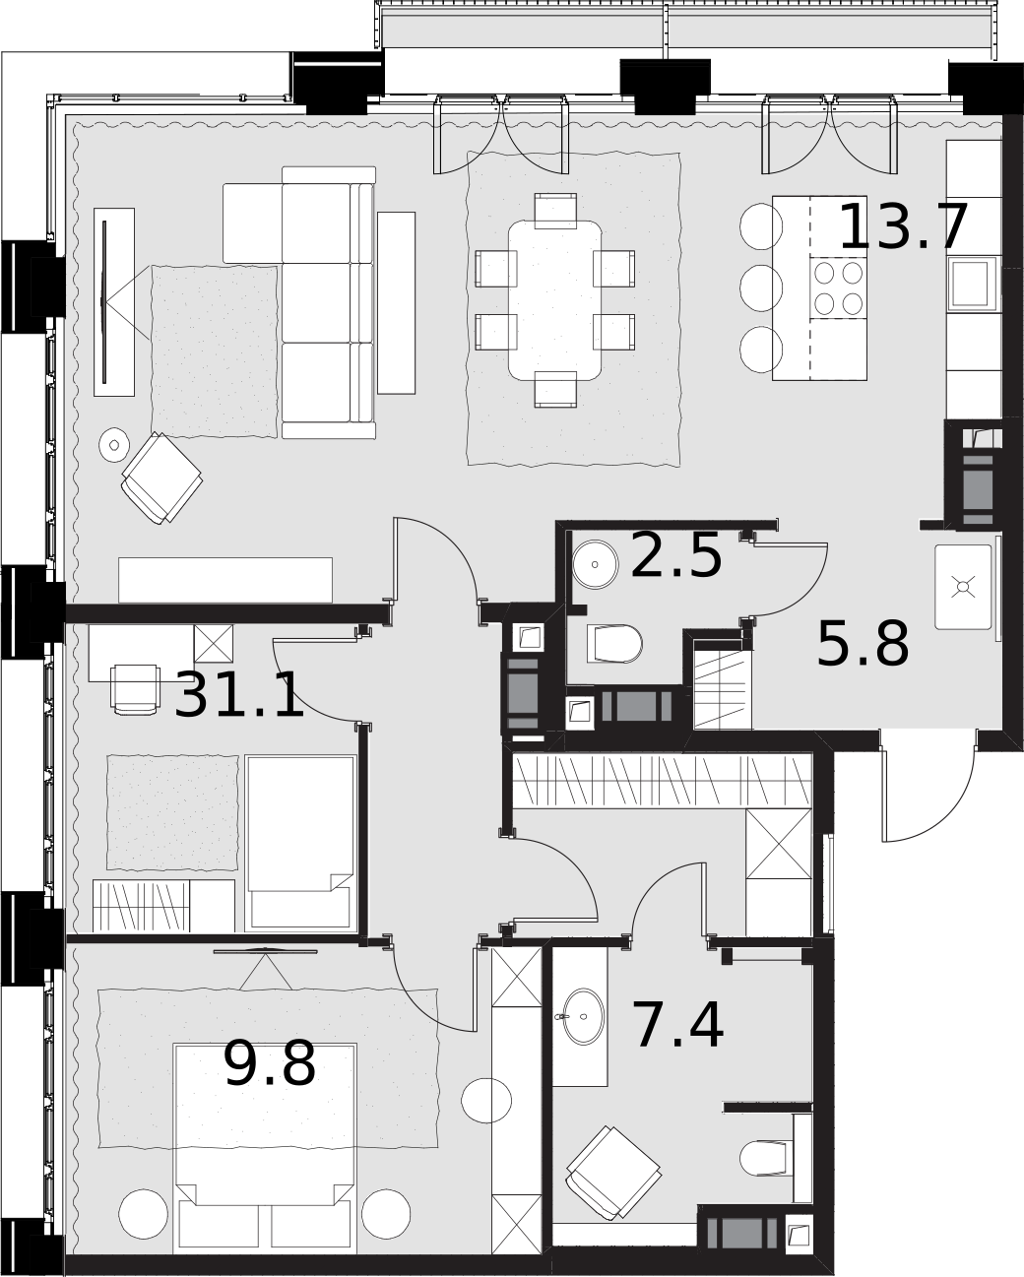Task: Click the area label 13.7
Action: pyautogui.click(x=904, y=226)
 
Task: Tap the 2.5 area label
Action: pyautogui.click(x=676, y=555)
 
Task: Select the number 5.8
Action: pyautogui.click(x=863, y=643)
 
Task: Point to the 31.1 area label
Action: pyautogui.click(x=239, y=694)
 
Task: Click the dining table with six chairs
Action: pyautogui.click(x=555, y=299)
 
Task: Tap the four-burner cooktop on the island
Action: pyautogui.click(x=838, y=287)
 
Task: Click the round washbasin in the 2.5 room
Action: pyautogui.click(x=596, y=564)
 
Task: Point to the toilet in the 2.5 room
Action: pyautogui.click(x=614, y=643)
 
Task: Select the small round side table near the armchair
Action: pyautogui.click(x=114, y=443)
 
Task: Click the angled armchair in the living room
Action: pyautogui.click(x=161, y=478)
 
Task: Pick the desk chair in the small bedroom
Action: pyautogui.click(x=135, y=689)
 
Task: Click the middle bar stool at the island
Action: pyautogui.click(x=761, y=287)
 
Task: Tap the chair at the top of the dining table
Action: pyautogui.click(x=555, y=211)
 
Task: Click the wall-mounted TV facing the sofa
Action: pyautogui.click(x=104, y=301)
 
